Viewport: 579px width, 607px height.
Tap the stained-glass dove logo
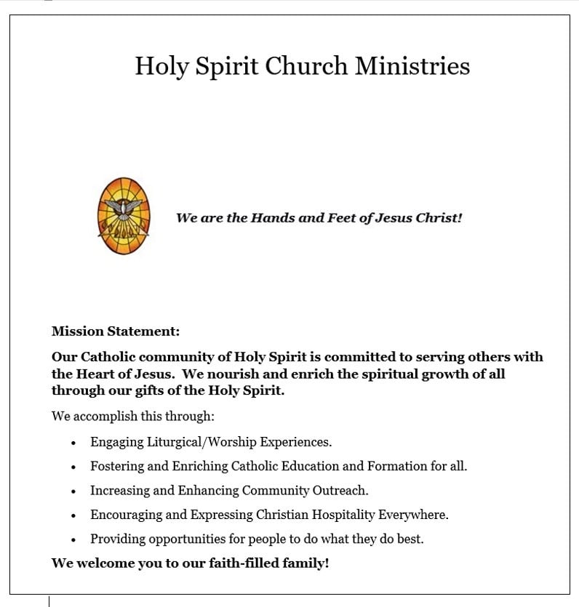click(123, 216)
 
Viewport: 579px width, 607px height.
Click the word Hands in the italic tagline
click(271, 217)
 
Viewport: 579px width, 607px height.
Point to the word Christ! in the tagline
click(439, 217)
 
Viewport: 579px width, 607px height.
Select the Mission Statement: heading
click(115, 331)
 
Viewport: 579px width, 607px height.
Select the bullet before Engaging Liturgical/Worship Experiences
click(73, 442)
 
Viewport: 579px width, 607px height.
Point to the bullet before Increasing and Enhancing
click(73, 491)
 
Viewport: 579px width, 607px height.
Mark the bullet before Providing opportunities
click(73, 540)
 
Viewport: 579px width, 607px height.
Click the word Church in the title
click(306, 66)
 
